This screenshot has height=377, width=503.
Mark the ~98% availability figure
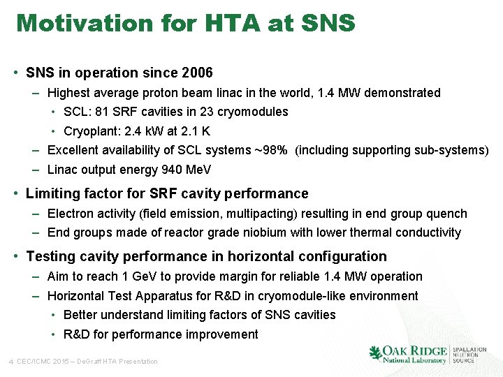[x=271, y=150]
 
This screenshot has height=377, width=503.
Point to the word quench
[x=448, y=214]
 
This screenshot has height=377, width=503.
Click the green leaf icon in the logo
[x=376, y=353]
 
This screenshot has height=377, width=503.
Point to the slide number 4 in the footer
[x=9, y=362]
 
